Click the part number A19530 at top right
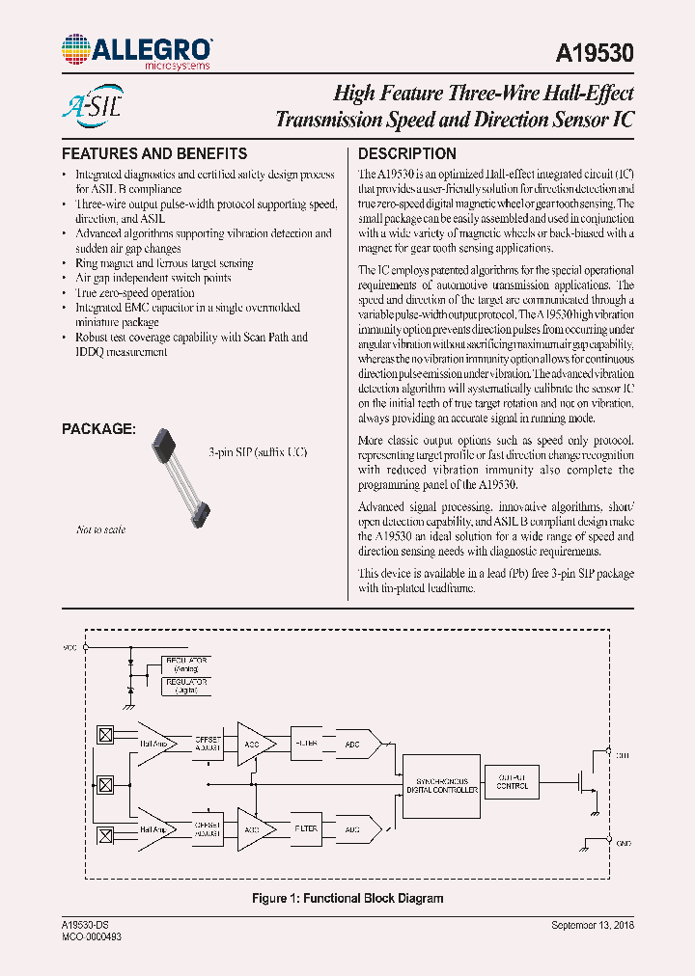(x=596, y=54)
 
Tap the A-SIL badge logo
(x=92, y=104)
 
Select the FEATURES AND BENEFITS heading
(x=154, y=153)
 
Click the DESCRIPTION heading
(x=407, y=153)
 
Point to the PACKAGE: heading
(x=98, y=428)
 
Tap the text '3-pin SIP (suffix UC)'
(x=258, y=452)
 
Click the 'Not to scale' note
(x=100, y=529)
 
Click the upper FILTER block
(x=305, y=744)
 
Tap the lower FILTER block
(x=305, y=827)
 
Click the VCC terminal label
(x=69, y=647)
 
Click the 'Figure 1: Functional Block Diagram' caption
(x=347, y=898)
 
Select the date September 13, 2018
(x=592, y=925)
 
